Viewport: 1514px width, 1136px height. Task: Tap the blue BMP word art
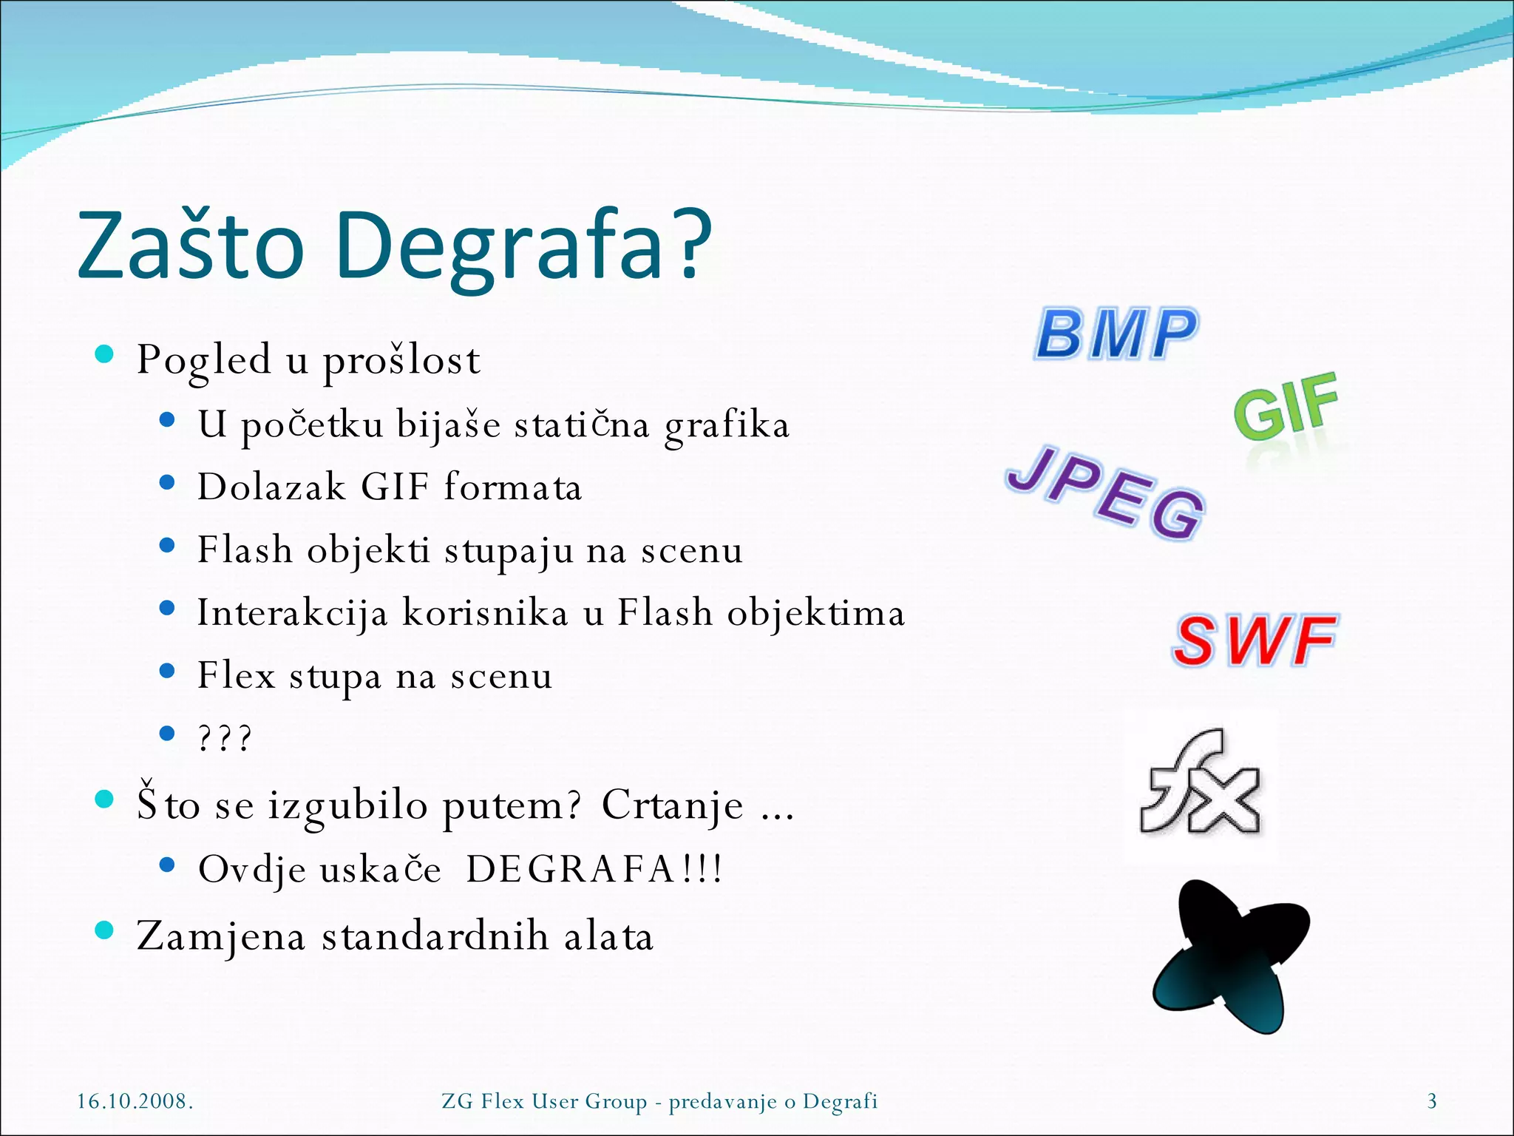pyautogui.click(x=1116, y=334)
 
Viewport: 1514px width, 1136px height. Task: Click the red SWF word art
pyautogui.click(x=1255, y=640)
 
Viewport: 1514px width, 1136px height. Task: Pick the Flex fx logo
pyautogui.click(x=1201, y=784)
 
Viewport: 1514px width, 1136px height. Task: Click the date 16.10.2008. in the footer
pyautogui.click(x=135, y=1101)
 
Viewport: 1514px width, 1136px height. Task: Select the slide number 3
pyautogui.click(x=1432, y=1101)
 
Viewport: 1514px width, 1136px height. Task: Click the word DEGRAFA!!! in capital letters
pyautogui.click(x=594, y=869)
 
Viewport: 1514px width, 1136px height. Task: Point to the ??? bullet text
pyautogui.click(x=225, y=738)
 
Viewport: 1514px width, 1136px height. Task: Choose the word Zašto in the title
pyautogui.click(x=191, y=246)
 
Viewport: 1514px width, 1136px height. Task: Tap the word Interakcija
pyautogui.click(x=292, y=613)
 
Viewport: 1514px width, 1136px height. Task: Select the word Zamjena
pyautogui.click(x=221, y=936)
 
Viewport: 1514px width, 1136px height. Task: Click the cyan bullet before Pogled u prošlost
pyautogui.click(x=105, y=354)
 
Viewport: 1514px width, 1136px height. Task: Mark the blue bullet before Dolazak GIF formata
pyautogui.click(x=167, y=483)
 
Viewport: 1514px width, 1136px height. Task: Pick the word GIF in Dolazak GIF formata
pyautogui.click(x=395, y=487)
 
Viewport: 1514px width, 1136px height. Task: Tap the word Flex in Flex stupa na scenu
pyautogui.click(x=236, y=675)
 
